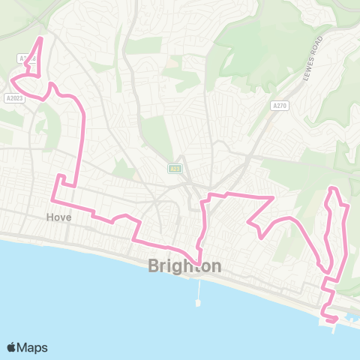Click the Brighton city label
(184, 266)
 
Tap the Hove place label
(58, 217)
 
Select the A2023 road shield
(14, 97)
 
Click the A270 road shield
(280, 106)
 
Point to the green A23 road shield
(174, 168)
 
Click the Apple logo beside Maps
(12, 347)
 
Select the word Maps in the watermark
(32, 347)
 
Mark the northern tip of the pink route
(40, 37)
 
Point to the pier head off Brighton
(198, 303)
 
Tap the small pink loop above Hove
(62, 179)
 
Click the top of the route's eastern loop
(333, 187)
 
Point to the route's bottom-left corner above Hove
(52, 200)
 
